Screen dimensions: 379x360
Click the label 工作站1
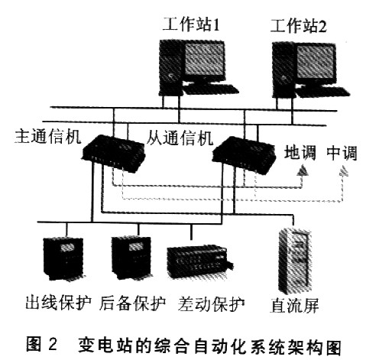[x=191, y=24]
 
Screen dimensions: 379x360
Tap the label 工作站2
[x=299, y=26]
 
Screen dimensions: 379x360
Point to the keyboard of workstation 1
[x=211, y=89]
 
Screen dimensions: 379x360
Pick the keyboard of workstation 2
[x=323, y=91]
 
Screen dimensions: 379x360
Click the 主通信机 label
[x=48, y=137]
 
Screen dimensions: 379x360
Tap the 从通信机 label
[x=180, y=138]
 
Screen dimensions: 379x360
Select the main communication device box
[x=114, y=154]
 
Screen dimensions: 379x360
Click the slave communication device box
[x=244, y=155]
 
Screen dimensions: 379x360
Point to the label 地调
[x=300, y=153]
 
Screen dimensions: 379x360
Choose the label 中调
[x=342, y=153]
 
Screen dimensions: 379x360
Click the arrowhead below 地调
[x=303, y=170]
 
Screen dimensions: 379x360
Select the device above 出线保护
[x=63, y=259]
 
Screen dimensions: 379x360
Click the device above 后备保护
[x=131, y=258]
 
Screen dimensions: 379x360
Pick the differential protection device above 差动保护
[x=200, y=262]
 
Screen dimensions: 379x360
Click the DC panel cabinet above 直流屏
[x=295, y=261]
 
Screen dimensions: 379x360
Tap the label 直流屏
[x=294, y=305]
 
